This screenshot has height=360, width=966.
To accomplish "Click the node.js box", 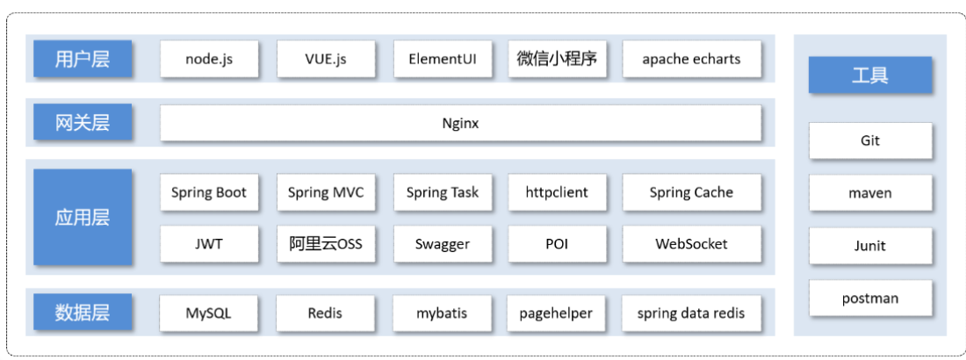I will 210,60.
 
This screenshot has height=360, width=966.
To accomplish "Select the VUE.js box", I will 326,60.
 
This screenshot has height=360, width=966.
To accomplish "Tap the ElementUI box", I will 443,60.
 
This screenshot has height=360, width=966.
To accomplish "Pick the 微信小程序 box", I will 557,60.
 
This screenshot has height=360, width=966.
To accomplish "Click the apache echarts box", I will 691,60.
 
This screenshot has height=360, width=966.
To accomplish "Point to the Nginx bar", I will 460,124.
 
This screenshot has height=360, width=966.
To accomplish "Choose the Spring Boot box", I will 210,192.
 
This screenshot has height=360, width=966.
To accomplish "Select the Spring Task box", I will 443,192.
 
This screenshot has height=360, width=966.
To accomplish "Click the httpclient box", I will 557,192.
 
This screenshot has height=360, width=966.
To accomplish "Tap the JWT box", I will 210,244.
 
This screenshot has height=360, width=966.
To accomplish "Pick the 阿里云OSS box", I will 326,244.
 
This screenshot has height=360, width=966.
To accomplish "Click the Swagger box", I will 443,244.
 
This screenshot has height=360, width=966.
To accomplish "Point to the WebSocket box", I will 691,244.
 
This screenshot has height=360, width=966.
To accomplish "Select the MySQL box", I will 210,313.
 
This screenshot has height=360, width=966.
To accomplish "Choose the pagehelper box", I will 557,313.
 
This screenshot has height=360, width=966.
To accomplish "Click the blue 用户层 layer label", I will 83,60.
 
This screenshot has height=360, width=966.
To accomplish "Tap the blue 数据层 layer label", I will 83,313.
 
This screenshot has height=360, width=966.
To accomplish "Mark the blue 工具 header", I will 869,76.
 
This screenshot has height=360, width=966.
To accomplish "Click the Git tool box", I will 869,140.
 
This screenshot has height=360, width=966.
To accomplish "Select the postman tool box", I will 869,299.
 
